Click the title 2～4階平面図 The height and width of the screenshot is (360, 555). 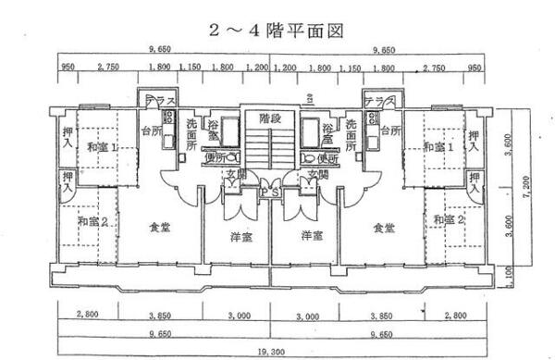coord(277,30)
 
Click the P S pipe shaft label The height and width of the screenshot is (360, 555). coord(270,192)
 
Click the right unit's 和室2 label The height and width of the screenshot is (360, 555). coord(447,219)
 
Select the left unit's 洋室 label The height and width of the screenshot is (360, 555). coord(242,237)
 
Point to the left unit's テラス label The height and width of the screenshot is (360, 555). coord(153,102)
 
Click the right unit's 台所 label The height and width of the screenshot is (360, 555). coord(387,130)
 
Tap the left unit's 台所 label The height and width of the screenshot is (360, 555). coord(151,130)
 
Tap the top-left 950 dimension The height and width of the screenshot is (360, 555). coord(68,68)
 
